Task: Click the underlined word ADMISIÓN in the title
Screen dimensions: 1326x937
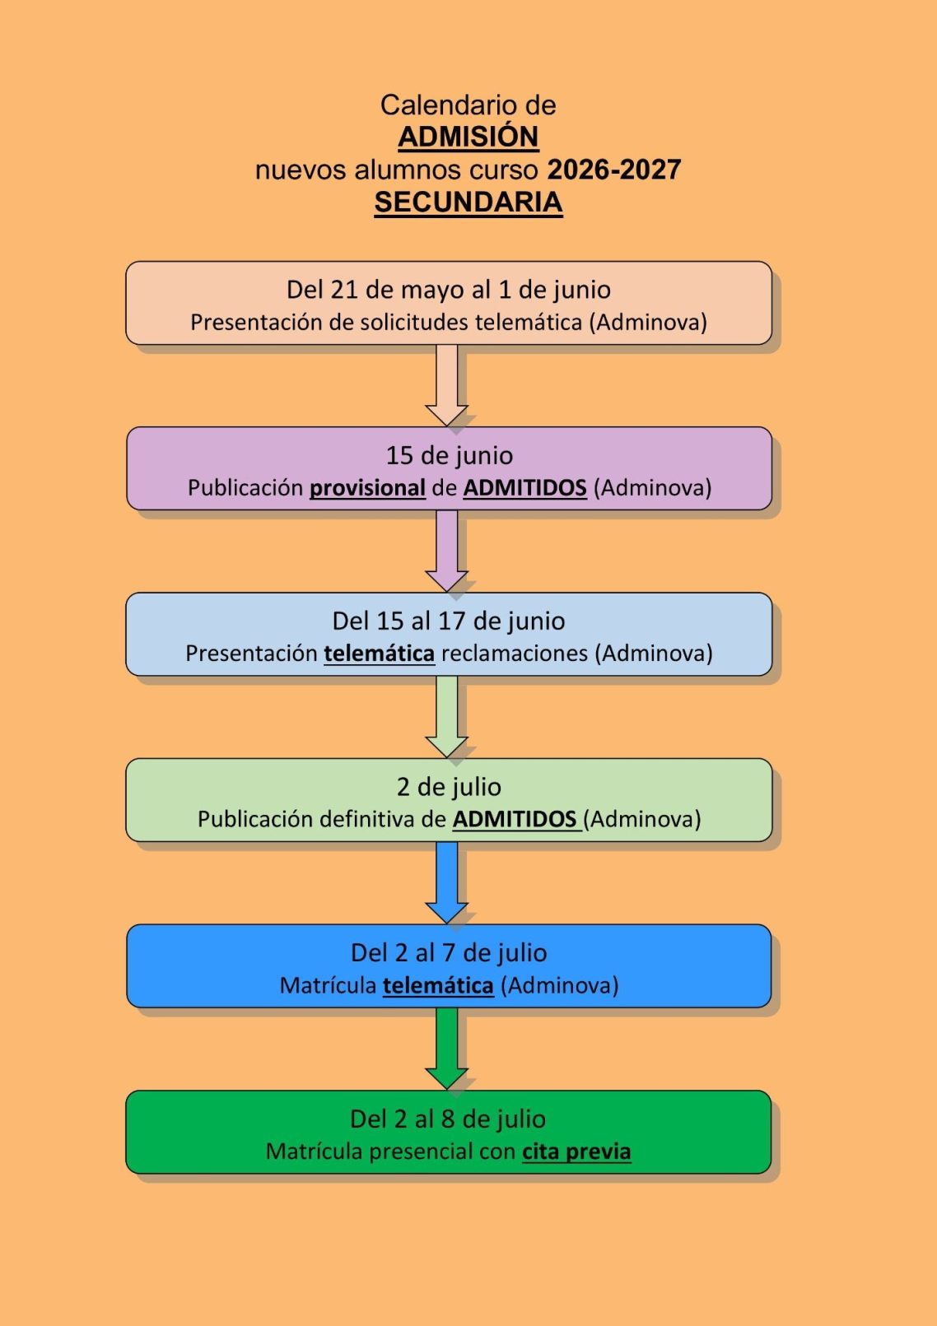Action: tap(468, 137)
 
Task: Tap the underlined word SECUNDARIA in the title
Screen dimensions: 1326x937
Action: tap(468, 202)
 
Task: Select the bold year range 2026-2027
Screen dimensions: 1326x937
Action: tap(614, 170)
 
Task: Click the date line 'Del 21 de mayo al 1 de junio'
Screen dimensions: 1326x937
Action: tap(448, 290)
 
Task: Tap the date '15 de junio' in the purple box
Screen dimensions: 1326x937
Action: tap(449, 455)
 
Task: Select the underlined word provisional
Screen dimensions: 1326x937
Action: tap(367, 488)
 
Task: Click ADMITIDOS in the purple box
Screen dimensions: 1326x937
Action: tap(524, 488)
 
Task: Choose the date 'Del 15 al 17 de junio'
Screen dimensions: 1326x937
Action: tap(448, 621)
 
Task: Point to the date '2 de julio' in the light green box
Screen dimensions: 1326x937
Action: tap(449, 787)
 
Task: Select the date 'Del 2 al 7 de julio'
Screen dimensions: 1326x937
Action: tap(448, 952)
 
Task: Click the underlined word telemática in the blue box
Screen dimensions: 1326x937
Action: tap(438, 985)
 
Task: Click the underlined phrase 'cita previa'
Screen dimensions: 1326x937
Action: tap(576, 1152)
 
